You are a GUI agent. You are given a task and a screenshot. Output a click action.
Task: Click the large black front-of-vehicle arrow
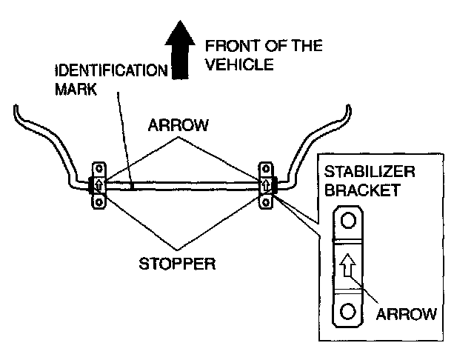click(180, 50)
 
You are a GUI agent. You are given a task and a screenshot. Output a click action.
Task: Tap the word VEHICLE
click(239, 64)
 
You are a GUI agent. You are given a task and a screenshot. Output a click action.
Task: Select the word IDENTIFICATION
click(111, 70)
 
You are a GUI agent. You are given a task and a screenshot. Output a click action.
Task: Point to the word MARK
click(76, 89)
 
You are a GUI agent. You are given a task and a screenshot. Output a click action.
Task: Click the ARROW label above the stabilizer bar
click(178, 125)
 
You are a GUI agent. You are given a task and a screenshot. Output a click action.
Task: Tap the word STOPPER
click(177, 264)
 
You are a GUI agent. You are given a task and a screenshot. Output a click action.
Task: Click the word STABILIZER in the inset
click(370, 172)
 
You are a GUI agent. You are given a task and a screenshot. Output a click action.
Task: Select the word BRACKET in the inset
click(362, 190)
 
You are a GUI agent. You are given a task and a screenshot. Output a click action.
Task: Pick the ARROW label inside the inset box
click(407, 314)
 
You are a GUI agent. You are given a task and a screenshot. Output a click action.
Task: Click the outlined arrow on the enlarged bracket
click(347, 265)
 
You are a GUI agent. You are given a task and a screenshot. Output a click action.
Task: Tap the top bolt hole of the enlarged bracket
click(348, 220)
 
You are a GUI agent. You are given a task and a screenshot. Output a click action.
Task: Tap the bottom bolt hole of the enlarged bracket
click(347, 311)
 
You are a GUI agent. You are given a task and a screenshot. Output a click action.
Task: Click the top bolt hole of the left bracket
click(99, 168)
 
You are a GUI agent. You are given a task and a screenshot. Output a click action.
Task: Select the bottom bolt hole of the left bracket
click(99, 201)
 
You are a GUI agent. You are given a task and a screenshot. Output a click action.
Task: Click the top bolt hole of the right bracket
click(266, 168)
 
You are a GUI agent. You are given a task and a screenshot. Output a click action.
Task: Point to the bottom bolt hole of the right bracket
click(266, 201)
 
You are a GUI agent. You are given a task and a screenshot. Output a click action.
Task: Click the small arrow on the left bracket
click(99, 184)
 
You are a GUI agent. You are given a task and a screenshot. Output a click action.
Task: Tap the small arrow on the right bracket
click(266, 184)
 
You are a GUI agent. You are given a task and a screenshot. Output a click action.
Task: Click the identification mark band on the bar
click(132, 186)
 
